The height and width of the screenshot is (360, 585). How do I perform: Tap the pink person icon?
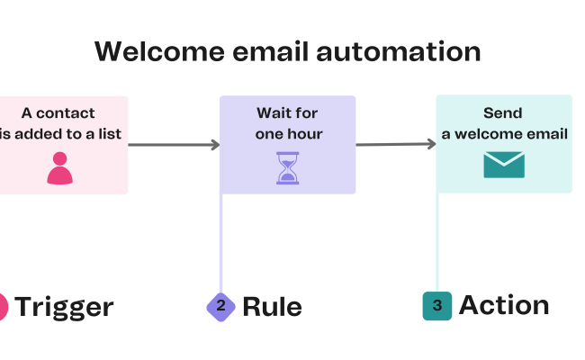[59, 167]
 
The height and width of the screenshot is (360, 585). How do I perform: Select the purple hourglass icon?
[287, 167]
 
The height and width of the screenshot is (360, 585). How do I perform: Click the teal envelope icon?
[503, 165]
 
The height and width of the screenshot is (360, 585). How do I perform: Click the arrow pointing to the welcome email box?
[396, 144]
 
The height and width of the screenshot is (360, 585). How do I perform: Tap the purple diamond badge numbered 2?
[220, 306]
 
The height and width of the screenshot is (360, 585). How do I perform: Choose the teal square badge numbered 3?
[436, 306]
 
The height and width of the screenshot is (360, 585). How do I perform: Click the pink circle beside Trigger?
[2, 307]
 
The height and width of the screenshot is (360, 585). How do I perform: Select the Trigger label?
[64, 307]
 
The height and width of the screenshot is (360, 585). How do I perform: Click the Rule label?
[272, 307]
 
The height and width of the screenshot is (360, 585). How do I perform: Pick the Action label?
[504, 305]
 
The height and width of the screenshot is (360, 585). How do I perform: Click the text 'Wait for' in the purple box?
[287, 113]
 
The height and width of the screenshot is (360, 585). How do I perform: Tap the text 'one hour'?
[287, 134]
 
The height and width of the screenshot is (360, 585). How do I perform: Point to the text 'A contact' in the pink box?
[58, 113]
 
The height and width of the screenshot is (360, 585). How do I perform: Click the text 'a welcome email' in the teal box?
[504, 134]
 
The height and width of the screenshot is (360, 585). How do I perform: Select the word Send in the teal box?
[503, 113]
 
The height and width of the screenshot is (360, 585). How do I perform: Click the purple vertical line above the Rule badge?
[220, 243]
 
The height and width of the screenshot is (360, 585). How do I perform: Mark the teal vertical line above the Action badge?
[437, 243]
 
